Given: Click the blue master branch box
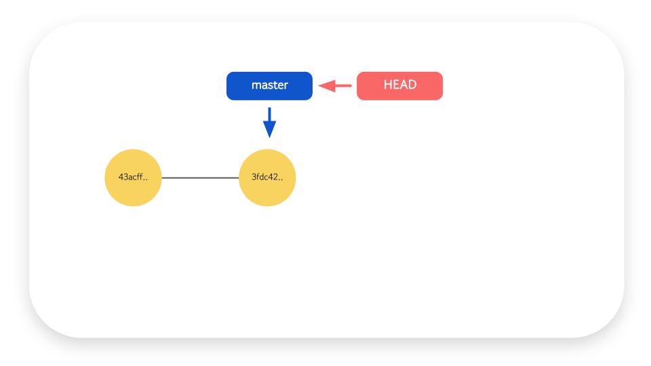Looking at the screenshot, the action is click(x=269, y=86).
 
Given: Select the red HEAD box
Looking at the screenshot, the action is click(x=400, y=86).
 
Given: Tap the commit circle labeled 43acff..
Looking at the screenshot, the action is click(x=134, y=178).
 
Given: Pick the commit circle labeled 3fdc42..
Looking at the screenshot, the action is click(x=267, y=178).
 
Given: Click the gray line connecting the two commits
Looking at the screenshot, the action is click(x=200, y=178).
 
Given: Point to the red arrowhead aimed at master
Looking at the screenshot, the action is click(x=327, y=86).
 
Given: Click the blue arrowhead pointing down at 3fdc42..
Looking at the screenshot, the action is click(x=269, y=129).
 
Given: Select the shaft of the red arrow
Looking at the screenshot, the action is click(x=343, y=86).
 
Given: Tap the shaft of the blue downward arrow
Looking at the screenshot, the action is click(x=269, y=115).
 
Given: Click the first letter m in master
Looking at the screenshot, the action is click(x=256, y=86).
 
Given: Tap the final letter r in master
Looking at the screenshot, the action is click(x=285, y=86).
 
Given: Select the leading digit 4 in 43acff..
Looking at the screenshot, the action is click(x=121, y=177).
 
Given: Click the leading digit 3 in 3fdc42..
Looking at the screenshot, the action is click(x=254, y=177).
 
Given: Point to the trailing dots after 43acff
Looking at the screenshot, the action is click(x=145, y=180).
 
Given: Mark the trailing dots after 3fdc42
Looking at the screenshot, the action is click(x=280, y=180).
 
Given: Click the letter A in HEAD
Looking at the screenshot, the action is click(x=403, y=85).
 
